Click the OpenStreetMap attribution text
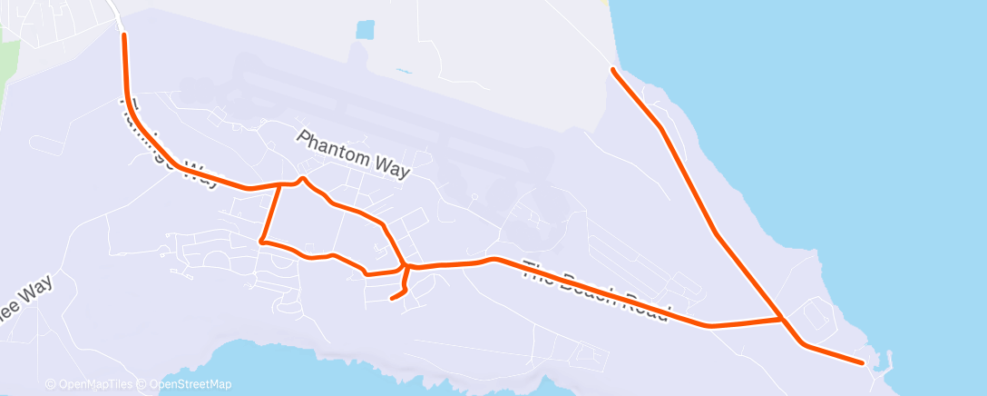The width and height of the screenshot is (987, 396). click(x=190, y=384)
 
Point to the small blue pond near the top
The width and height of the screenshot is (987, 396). click(x=365, y=30)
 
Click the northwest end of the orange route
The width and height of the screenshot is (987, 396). click(x=122, y=35)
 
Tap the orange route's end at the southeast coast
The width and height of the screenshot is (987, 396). click(x=862, y=362)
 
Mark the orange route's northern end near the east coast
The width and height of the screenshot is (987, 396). click(x=613, y=69)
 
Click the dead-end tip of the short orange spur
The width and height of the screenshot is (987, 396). click(x=391, y=298)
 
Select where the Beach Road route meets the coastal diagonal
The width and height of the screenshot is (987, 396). click(x=781, y=319)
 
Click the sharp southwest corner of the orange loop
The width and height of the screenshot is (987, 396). click(x=261, y=242)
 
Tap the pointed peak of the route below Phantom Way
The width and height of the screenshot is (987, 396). click(x=302, y=177)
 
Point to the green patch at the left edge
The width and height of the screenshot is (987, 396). click(x=7, y=64)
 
